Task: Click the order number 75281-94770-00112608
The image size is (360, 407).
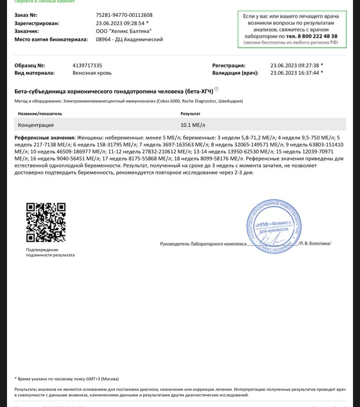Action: [124, 15]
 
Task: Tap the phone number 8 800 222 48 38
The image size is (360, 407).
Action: [312, 37]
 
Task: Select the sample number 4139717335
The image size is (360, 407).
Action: [87, 66]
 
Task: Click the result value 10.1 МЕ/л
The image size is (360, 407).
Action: [193, 125]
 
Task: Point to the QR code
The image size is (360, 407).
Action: [46, 222]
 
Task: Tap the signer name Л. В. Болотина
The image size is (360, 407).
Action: [315, 244]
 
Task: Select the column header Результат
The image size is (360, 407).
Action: [190, 114]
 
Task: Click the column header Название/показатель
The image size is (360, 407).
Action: [40, 114]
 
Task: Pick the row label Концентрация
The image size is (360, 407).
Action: [36, 125]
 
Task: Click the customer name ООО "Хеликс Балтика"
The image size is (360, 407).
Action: [123, 31]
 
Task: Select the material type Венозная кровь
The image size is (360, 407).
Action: [92, 73]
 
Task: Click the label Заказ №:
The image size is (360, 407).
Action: [26, 15]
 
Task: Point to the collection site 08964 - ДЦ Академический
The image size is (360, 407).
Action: [129, 40]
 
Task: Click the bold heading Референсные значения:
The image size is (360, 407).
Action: [45, 138]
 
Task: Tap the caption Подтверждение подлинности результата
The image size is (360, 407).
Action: [50, 253]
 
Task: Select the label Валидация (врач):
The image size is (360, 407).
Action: [235, 73]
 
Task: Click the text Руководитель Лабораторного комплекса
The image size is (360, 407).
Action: [203, 244]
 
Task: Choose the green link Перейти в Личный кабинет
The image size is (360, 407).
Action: [45, 2]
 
